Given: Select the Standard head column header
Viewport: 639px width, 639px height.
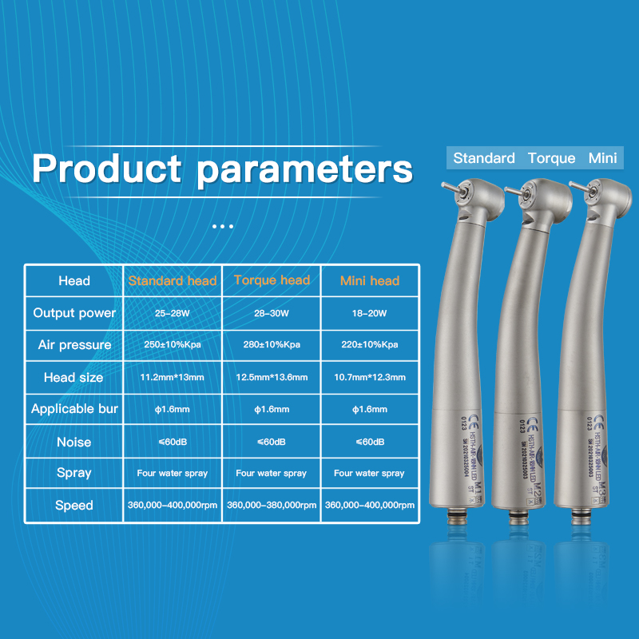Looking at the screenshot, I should point(173,280).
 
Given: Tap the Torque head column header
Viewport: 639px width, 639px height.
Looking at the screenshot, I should point(272,280).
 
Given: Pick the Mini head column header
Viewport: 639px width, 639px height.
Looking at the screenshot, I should point(369,280).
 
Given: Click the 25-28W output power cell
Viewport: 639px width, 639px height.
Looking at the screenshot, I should point(173,313).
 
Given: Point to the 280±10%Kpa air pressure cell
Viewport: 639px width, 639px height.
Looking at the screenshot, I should point(272,345).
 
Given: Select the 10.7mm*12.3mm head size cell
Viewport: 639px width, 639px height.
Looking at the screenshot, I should point(369,377).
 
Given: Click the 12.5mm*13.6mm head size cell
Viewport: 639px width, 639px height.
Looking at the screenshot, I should point(272,377).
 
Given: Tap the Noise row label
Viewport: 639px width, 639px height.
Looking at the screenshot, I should point(74,442).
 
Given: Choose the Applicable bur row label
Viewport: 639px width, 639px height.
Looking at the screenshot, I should point(74,409).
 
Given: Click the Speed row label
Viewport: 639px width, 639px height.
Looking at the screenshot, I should point(74,505).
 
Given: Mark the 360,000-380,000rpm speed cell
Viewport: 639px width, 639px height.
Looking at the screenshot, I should point(272,505).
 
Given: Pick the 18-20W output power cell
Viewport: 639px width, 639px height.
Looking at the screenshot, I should point(369,313).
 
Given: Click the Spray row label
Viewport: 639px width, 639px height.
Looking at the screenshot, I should point(74,473).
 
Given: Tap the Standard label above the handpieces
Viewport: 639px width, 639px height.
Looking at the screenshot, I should point(484,158).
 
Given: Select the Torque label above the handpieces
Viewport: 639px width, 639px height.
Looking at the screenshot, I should point(551,158).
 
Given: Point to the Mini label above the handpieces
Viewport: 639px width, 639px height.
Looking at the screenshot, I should point(602,158).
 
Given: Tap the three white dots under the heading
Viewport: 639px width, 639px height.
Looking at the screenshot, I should point(223,226).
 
